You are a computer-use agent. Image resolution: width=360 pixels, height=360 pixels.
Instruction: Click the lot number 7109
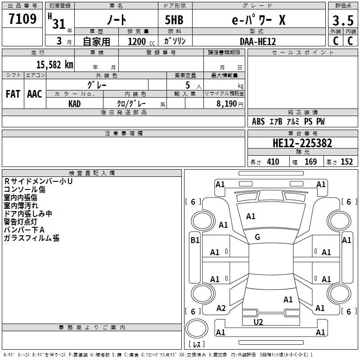(22, 19)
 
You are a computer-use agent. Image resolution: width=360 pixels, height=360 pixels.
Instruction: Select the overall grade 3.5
(343, 20)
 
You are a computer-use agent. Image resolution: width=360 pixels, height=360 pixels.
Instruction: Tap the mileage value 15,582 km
(54, 65)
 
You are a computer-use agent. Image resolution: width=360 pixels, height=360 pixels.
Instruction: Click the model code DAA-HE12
(257, 41)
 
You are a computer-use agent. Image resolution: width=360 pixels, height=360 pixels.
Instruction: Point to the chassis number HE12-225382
(302, 143)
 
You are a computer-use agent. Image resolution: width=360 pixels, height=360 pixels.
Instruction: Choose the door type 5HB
(174, 20)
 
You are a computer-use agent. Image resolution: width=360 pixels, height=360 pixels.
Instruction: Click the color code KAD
(74, 104)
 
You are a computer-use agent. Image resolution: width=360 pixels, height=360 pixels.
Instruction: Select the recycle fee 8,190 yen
(230, 104)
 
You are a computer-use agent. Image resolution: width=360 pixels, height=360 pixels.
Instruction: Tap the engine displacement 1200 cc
(141, 41)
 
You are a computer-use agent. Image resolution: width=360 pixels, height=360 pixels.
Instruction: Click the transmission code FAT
(13, 94)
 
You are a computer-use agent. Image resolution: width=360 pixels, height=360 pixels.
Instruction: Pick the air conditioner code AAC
(35, 94)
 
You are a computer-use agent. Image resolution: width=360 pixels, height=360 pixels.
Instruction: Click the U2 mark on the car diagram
(258, 322)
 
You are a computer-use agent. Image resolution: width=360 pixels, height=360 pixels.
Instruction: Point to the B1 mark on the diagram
(195, 240)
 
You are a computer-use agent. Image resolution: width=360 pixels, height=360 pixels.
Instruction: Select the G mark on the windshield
(257, 237)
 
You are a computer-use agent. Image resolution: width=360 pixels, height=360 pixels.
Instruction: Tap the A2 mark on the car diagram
(221, 308)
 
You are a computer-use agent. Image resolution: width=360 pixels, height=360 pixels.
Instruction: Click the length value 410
(273, 162)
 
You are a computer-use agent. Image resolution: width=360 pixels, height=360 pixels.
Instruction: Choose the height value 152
(346, 162)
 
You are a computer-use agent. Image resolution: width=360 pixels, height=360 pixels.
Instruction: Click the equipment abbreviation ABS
(258, 121)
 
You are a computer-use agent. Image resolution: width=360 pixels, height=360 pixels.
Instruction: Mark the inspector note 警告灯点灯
(20, 222)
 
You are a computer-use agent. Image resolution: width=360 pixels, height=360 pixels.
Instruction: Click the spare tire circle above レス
(197, 328)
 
